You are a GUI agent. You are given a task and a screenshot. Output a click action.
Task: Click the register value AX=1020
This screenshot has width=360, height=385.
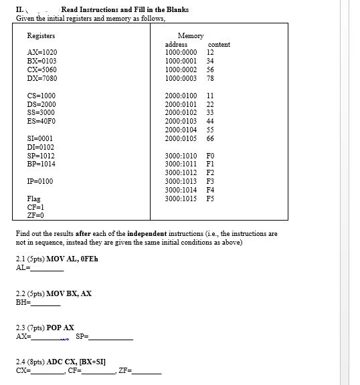pos(41,52)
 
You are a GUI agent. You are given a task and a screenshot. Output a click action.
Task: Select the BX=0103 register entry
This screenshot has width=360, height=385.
pos(41,61)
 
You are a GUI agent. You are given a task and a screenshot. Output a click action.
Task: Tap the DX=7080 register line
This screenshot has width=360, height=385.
pos(41,78)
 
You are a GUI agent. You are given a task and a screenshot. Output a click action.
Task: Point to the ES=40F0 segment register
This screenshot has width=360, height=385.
pos(41,121)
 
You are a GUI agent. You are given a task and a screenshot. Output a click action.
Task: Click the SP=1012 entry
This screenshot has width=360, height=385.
pos(41,155)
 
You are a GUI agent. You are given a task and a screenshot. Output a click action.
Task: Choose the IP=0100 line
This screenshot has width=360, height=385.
pos(40,181)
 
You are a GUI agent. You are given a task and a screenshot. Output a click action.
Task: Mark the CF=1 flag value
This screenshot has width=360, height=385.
pos(35,207)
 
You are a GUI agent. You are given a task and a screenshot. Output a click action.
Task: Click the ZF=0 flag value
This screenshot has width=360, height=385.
pos(35,215)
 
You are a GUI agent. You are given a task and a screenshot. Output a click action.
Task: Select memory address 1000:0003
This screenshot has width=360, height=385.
pos(181,78)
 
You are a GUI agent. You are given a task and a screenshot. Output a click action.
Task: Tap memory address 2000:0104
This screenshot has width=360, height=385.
pos(181,130)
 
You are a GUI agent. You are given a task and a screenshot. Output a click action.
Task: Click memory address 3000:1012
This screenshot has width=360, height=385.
pos(181,172)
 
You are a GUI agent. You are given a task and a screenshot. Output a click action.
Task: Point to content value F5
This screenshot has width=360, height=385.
pos(210,199)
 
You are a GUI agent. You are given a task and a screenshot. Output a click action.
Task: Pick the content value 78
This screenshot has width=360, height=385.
pos(210,78)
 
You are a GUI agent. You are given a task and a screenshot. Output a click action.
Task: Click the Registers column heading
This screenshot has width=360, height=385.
pos(41,35)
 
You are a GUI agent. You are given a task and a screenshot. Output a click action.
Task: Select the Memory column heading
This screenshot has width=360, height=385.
pos(191,35)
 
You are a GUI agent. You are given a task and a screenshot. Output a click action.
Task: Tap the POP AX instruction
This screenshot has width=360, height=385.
pos(60,328)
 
